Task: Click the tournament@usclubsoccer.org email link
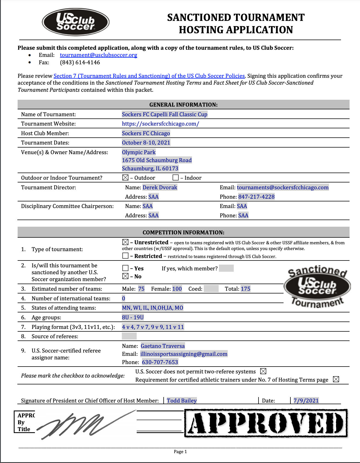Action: tap(98, 55)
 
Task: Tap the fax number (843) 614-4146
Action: tap(80, 62)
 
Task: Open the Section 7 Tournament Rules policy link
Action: tap(149, 76)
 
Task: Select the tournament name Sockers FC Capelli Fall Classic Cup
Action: tap(164, 114)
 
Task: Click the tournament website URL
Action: tap(160, 124)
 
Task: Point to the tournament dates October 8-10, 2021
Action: tap(146, 143)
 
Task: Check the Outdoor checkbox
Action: tap(125, 178)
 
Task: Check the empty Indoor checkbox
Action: tap(175, 178)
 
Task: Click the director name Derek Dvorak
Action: tap(160, 187)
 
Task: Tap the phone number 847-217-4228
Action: tap(256, 197)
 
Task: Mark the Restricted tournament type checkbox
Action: tap(125, 256)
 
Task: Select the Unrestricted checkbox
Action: tap(125, 242)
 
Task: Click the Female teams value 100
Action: tap(177, 289)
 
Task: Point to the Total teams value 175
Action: tap(246, 289)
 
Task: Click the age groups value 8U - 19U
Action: tap(133, 317)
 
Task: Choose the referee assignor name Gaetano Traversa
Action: tap(163, 346)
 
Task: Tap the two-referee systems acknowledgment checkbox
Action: tap(263, 371)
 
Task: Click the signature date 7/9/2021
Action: tap(306, 401)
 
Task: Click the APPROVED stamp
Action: tap(266, 423)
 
